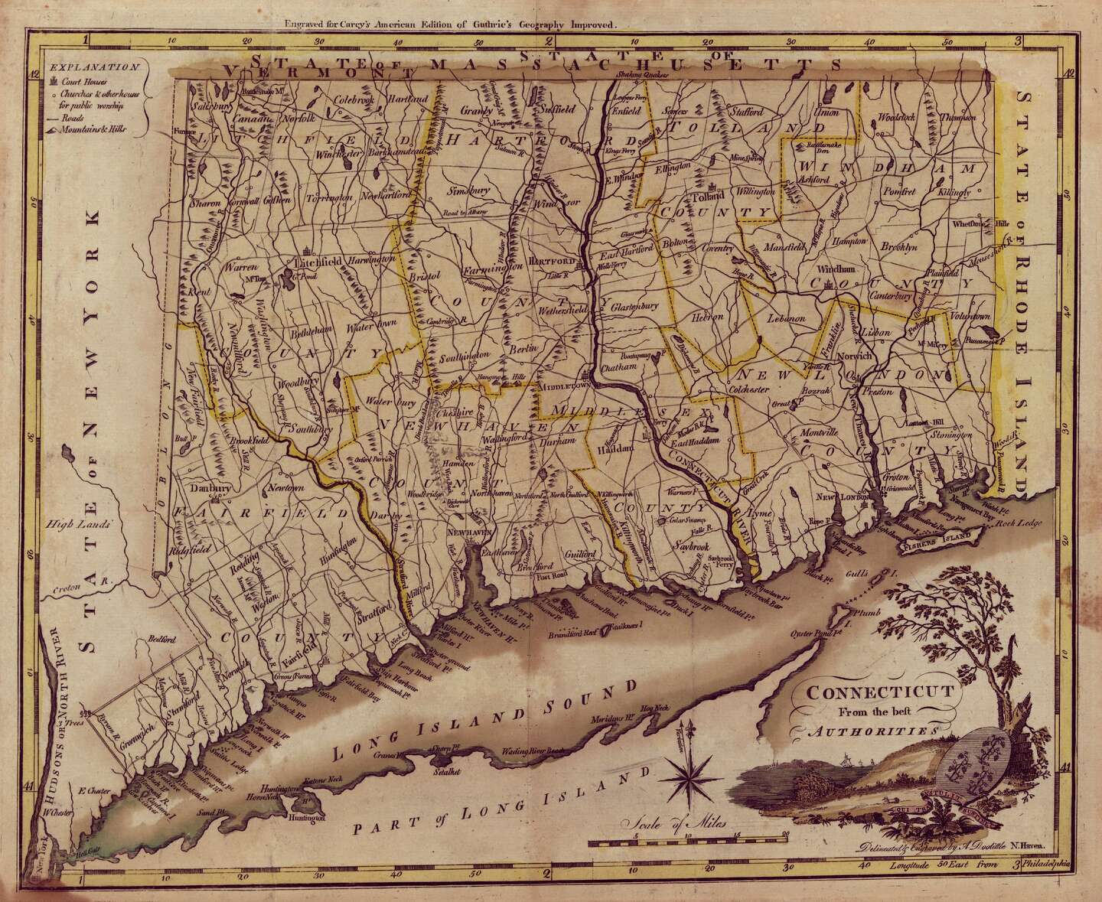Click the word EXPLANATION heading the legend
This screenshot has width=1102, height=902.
(x=93, y=67)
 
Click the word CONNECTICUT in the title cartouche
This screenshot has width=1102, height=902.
(x=876, y=694)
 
